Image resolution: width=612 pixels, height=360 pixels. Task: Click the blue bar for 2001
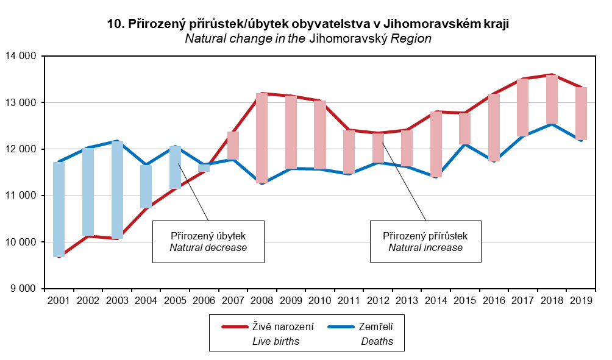click(x=59, y=210)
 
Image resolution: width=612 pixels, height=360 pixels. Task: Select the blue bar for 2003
click(x=117, y=190)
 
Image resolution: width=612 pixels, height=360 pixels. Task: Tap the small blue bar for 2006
click(x=204, y=168)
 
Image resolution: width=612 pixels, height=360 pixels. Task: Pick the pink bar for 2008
click(x=262, y=138)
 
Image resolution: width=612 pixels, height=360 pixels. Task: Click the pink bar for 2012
click(x=378, y=148)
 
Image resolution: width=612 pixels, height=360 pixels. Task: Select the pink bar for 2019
click(x=581, y=113)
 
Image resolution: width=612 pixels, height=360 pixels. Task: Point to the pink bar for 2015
click(x=464, y=129)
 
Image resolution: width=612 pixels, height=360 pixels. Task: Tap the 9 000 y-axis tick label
click(x=23, y=289)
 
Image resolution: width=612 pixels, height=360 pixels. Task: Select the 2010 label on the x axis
click(x=319, y=300)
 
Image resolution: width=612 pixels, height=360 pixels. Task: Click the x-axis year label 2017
click(x=522, y=300)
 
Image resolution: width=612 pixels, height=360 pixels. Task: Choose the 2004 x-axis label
click(x=146, y=300)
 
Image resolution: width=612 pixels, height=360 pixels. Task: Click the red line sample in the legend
click(x=235, y=327)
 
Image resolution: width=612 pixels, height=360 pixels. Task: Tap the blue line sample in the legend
click(x=341, y=327)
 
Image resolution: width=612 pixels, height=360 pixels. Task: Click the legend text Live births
click(x=276, y=341)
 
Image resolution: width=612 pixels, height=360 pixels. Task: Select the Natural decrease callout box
click(x=208, y=242)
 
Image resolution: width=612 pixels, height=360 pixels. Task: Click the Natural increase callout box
click(x=425, y=241)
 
